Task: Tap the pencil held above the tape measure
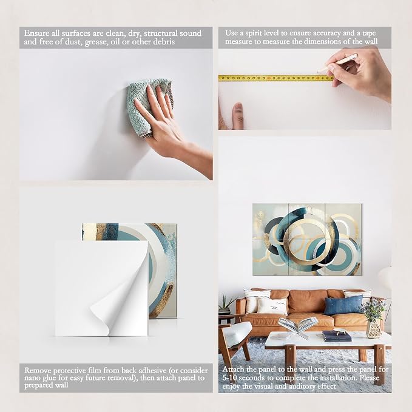click(x=337, y=63)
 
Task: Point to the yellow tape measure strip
click(x=276, y=78)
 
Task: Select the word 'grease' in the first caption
click(x=96, y=42)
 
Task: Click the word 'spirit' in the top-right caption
click(x=253, y=33)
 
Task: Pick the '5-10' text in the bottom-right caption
click(x=230, y=378)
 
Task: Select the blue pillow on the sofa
click(x=343, y=305)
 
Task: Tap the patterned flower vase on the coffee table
click(x=374, y=329)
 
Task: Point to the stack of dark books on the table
click(x=337, y=336)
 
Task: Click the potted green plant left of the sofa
click(x=226, y=305)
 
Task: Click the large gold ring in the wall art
click(x=305, y=237)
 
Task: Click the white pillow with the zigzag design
click(x=272, y=306)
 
